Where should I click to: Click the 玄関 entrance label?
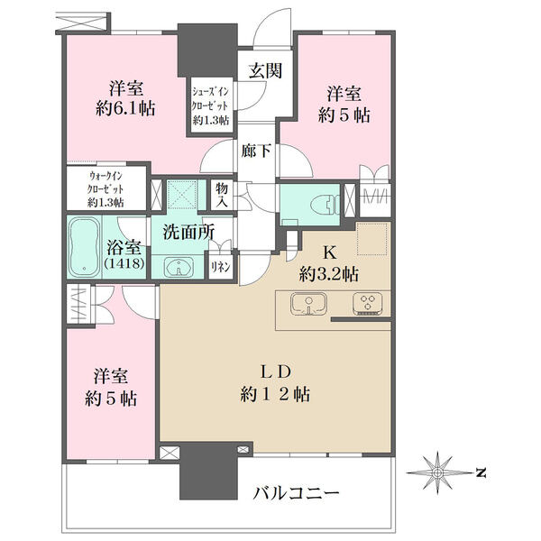pos(265,70)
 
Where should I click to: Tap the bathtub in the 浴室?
pos(84,247)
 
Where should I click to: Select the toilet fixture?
pos(325,206)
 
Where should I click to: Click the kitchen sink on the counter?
pos(308,304)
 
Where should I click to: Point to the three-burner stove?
pos(368,304)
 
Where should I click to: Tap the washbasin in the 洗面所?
pos(179,267)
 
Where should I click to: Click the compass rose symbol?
pos(437,472)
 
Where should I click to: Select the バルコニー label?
pos(296,493)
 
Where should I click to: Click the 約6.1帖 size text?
pos(126,109)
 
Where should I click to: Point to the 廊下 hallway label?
pos(256,151)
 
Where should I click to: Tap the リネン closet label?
pos(221,268)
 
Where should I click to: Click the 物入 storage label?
pos(222,195)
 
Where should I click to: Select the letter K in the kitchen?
pos(329,253)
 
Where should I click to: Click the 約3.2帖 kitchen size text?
pos(329,275)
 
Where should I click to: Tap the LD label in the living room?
pos(276,371)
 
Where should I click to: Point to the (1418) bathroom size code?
pos(124,263)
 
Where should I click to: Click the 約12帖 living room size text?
pos(275,394)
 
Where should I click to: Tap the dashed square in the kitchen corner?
pos(373,239)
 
